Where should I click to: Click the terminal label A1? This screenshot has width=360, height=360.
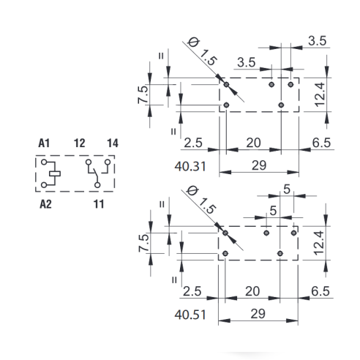[x=44, y=143]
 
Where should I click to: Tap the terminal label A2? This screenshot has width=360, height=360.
[x=45, y=204]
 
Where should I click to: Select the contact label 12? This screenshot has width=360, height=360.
[x=80, y=143]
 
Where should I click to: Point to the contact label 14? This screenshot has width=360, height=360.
[x=113, y=143]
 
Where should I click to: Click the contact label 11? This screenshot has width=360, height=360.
[x=99, y=204]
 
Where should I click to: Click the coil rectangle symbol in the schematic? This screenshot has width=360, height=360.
[x=55, y=173]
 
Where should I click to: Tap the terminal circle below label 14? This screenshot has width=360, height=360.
[x=108, y=162]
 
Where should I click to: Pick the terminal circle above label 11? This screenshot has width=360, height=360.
[x=97, y=185]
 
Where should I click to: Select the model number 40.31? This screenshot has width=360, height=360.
[x=190, y=167]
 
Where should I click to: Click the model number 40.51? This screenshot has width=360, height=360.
[x=190, y=315]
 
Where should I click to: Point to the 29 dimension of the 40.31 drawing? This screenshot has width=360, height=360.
[x=259, y=165]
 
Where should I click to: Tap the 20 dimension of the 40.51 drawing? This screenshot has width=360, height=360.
[x=252, y=291]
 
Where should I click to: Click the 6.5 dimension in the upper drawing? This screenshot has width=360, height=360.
[x=321, y=143]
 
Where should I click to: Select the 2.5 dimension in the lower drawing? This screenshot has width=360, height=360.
[x=192, y=291]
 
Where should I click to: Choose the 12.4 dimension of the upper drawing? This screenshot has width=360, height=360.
[x=320, y=94]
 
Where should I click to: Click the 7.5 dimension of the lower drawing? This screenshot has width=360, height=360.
[x=144, y=243]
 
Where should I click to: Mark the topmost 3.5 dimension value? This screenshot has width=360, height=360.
[x=317, y=41]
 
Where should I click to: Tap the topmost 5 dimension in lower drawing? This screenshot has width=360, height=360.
[x=287, y=189]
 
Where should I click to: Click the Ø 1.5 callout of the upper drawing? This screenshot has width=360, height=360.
[x=203, y=52]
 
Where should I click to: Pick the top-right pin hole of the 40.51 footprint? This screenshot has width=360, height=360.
[x=294, y=233]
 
